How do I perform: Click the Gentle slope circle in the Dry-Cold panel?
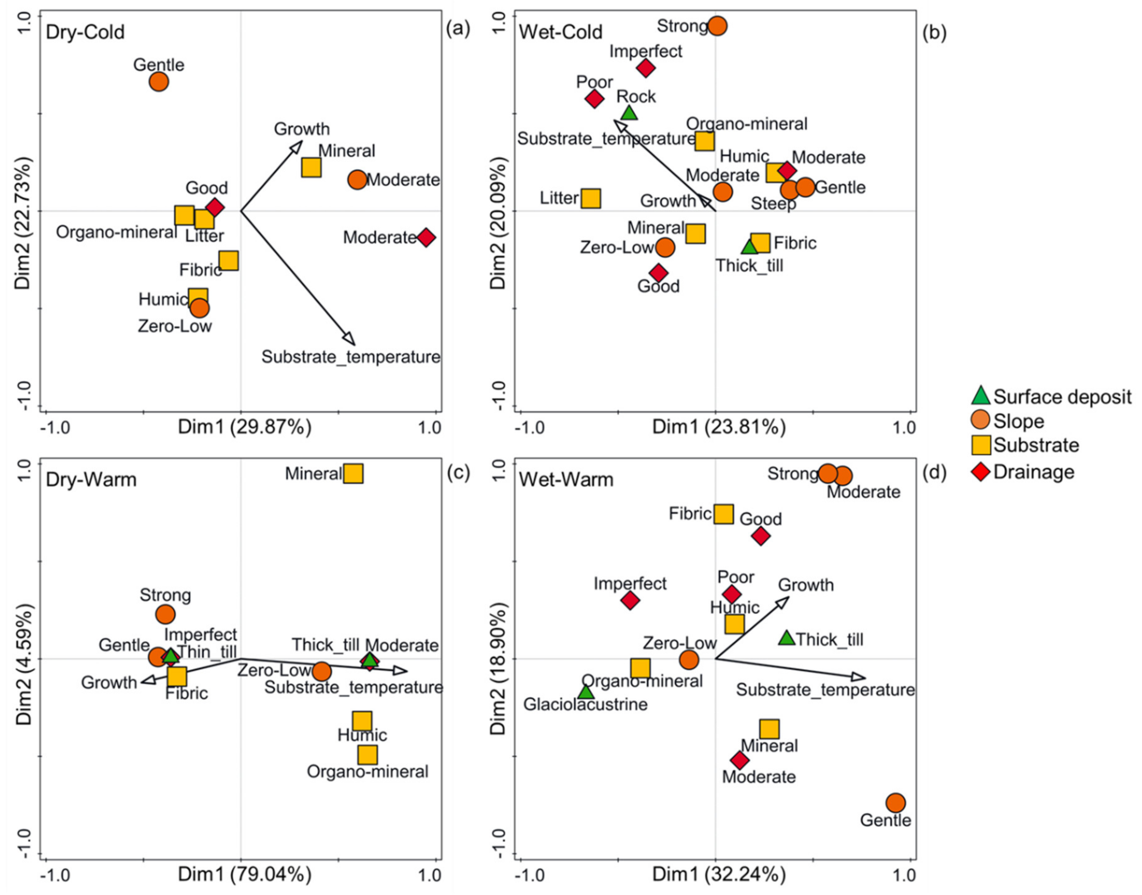(159, 82)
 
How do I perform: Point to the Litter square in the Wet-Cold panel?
(591, 199)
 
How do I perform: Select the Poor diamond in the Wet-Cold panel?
(594, 98)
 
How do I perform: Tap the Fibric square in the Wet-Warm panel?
(724, 514)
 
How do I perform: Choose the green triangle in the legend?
(980, 396)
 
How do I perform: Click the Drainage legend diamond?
(980, 472)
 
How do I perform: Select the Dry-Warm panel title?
(91, 479)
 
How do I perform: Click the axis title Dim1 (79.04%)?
(245, 874)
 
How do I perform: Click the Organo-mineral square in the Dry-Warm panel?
(367, 755)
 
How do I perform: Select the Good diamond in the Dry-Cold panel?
(215, 207)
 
